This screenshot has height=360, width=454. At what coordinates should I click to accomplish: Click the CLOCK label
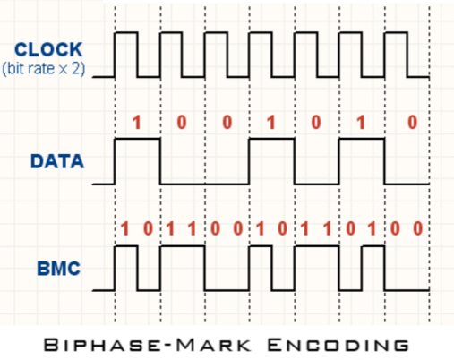(48, 49)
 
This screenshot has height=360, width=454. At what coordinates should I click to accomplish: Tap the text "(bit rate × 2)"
(44, 69)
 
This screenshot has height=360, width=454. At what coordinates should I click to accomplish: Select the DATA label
(57, 161)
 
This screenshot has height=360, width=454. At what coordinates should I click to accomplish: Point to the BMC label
(58, 269)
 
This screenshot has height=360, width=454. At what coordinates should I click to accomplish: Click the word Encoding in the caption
(338, 345)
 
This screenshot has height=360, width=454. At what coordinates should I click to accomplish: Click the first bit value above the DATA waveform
(137, 123)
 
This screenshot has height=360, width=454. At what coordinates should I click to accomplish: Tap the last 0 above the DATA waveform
(412, 123)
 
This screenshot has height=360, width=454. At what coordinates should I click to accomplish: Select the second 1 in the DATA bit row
(271, 123)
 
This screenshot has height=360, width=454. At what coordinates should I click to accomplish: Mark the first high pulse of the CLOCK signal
(126, 32)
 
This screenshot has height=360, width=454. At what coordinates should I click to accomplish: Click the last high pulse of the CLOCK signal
(396, 32)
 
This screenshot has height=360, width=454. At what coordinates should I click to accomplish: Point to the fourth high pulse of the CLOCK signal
(261, 32)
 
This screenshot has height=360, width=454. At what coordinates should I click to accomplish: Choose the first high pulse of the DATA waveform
(138, 139)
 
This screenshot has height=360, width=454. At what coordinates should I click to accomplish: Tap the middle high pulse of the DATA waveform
(272, 139)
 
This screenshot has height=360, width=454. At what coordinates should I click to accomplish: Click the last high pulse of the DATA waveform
(362, 139)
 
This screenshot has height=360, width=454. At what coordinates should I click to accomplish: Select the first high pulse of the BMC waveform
(126, 246)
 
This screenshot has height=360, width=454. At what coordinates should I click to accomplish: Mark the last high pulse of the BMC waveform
(373, 246)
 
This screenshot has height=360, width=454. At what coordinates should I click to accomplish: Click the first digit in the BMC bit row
(124, 229)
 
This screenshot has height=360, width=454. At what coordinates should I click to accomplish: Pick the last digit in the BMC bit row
(418, 229)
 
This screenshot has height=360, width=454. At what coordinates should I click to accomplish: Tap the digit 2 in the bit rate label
(76, 68)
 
